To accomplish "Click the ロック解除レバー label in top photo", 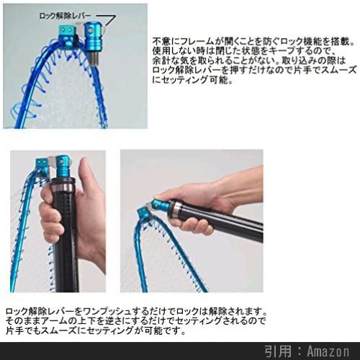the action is tap(65, 16).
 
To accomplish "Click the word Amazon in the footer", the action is tap(328, 351).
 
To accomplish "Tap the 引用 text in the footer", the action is tap(279, 351).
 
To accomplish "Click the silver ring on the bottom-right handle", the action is tap(176, 211).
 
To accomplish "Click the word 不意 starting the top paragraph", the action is tap(162, 42).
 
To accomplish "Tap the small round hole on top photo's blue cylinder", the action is tap(91, 30).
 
